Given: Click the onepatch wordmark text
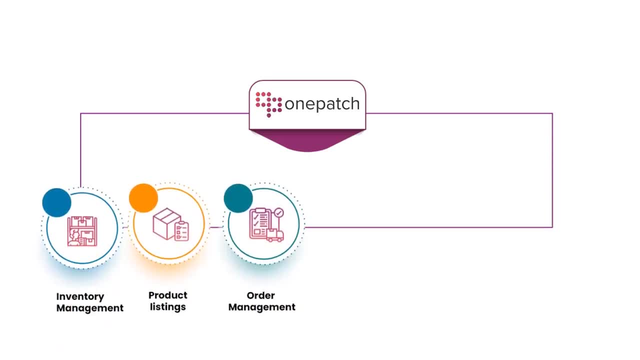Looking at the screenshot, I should pyautogui.click(x=322, y=104).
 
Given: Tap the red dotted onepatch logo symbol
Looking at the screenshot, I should pyautogui.click(x=268, y=103).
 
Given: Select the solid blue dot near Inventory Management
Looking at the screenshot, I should pyautogui.click(x=57, y=202).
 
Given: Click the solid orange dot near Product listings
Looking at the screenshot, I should pyautogui.click(x=143, y=198).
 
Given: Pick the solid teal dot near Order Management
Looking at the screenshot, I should pyautogui.click(x=238, y=198).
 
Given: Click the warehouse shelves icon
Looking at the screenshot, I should pyautogui.click(x=82, y=231).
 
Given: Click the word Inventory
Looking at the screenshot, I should pyautogui.click(x=80, y=296).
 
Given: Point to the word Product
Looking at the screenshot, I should pyautogui.click(x=168, y=295).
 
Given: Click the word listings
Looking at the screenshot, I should pyautogui.click(x=168, y=307).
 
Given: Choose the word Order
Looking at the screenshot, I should pyautogui.click(x=261, y=295).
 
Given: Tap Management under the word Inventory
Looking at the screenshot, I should pyautogui.click(x=90, y=308).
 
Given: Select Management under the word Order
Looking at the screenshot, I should pyautogui.click(x=262, y=307).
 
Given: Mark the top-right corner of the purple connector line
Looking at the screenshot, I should pyautogui.click(x=552, y=113).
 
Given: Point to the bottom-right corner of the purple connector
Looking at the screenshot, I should pyautogui.click(x=552, y=227).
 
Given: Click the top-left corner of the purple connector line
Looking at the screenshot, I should pyautogui.click(x=80, y=113).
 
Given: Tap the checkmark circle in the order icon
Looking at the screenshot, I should pyautogui.click(x=278, y=213).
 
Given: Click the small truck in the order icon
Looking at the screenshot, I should pyautogui.click(x=274, y=235).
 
